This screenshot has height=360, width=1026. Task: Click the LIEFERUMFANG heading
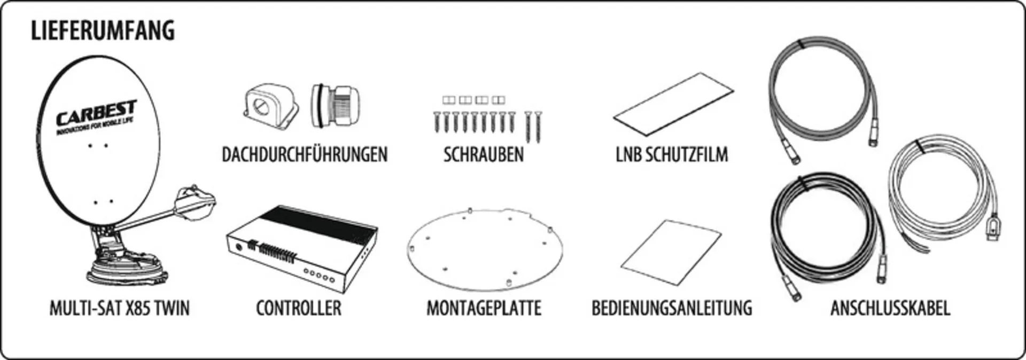pos(103,30)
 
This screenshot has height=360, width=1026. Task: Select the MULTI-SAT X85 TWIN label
pos(120,308)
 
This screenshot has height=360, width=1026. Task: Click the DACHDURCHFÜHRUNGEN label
pos(305,154)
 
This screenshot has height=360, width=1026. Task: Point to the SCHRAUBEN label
pos(484,154)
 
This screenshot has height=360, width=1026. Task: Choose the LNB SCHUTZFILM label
pos(672,154)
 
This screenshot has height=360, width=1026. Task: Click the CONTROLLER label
pos(299,308)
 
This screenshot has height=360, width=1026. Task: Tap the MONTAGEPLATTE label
pos(484,308)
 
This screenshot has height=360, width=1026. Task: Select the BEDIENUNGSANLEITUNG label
pos(672,308)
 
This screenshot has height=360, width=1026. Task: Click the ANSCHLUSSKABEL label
pos(890,308)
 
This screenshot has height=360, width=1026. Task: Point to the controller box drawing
pos(302,248)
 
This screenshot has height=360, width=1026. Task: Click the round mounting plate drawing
pos(485,249)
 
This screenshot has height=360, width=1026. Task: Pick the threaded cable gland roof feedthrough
pos(335,106)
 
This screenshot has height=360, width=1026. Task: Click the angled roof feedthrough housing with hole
pos(270,105)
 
